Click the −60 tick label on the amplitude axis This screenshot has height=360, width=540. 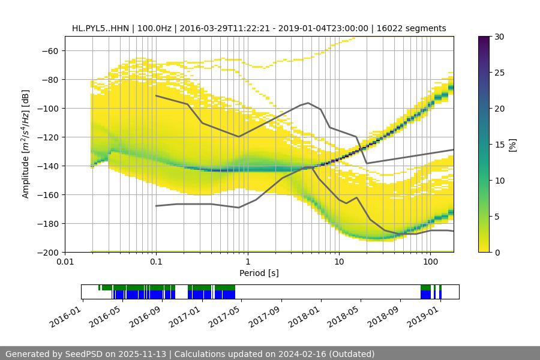click(x=49, y=51)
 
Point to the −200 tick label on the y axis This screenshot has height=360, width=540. click(x=47, y=253)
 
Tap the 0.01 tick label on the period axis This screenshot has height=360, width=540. click(x=65, y=262)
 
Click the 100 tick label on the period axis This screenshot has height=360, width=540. click(x=430, y=262)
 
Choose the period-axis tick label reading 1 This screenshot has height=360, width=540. click(x=248, y=262)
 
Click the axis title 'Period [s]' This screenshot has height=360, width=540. click(x=259, y=273)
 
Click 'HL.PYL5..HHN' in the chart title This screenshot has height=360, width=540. click(x=98, y=28)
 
